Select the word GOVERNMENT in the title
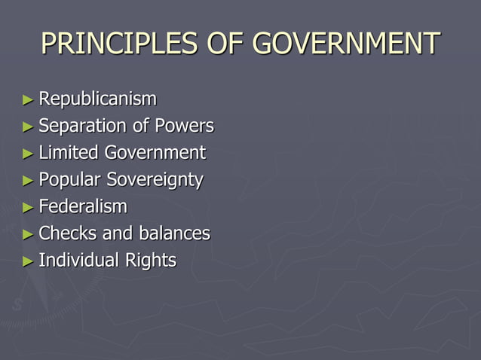pos(345,44)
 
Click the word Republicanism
pos(98,99)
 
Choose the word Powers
pos(184,126)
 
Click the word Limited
pos(69,153)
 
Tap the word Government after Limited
pos(155,153)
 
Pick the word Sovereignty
pos(155,180)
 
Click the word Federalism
pos(83,206)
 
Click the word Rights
pos(152,261)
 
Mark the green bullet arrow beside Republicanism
pos(28,99)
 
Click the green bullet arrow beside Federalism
pos(28,207)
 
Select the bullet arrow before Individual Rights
pos(28,261)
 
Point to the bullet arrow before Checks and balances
pos(28,234)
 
